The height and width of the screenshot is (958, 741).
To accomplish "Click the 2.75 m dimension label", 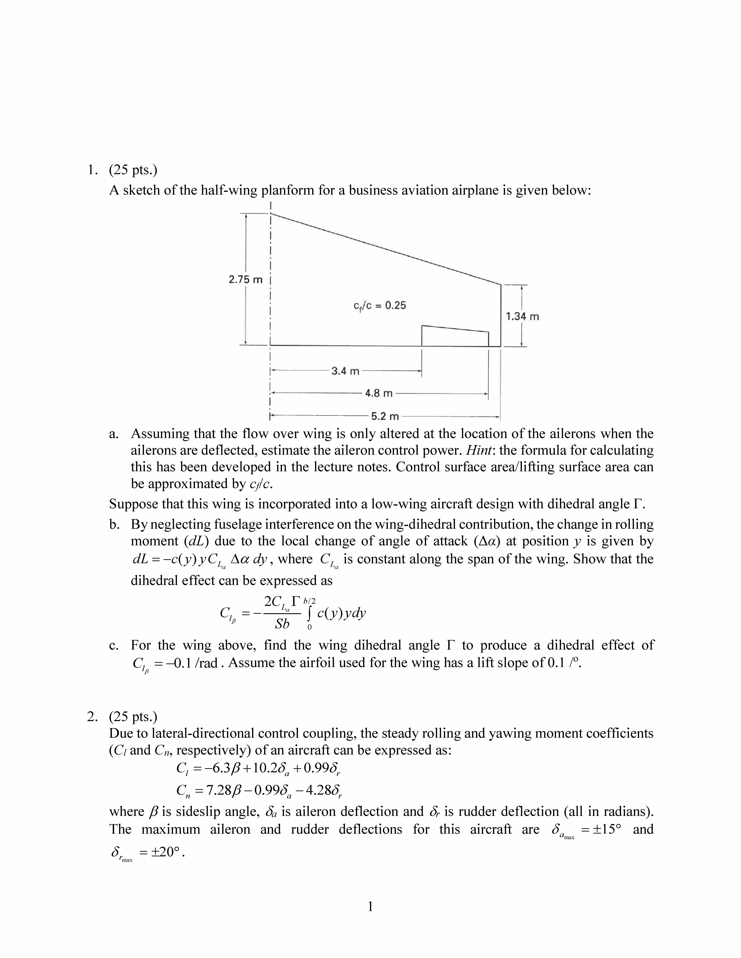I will tap(245, 279).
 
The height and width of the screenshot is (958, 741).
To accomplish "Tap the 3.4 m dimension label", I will tap(345, 371).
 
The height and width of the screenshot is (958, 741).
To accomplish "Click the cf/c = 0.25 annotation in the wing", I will tap(380, 306).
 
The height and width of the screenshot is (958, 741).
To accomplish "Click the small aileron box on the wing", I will tap(455, 336).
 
